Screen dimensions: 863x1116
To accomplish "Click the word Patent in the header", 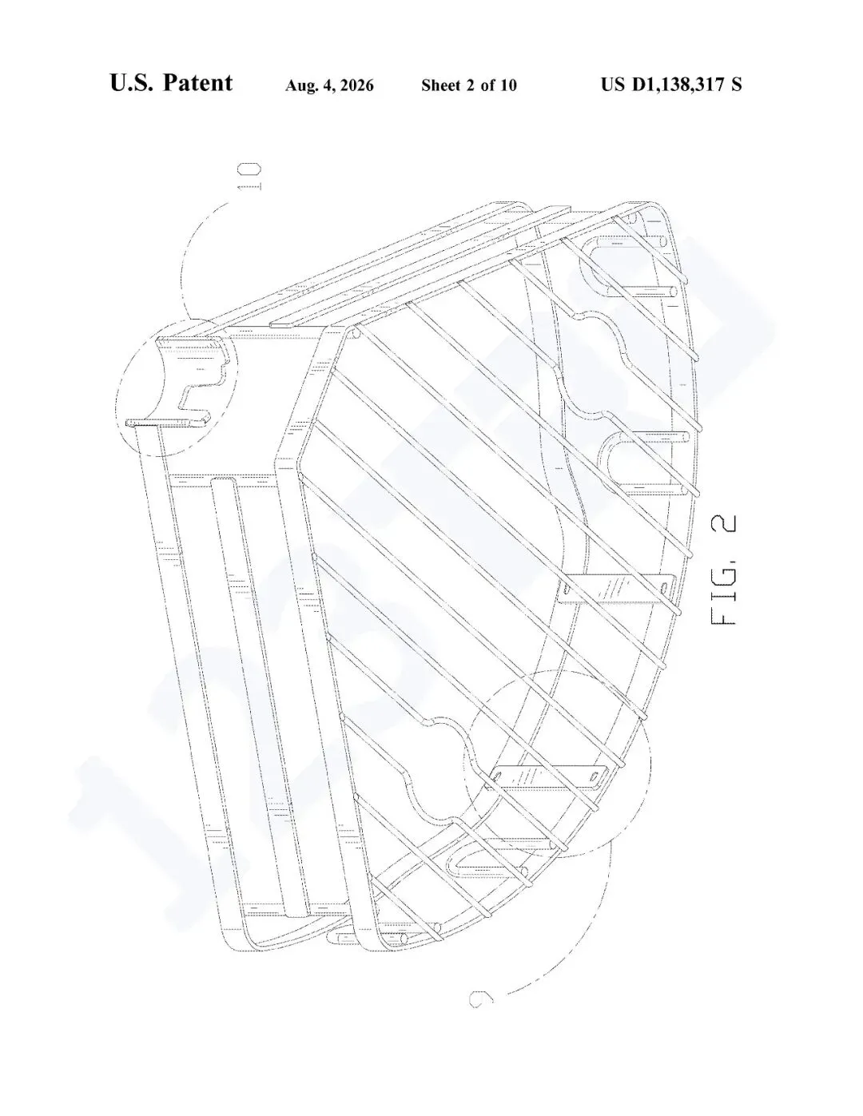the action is click(198, 83).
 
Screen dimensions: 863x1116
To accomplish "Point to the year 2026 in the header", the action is click(356, 85).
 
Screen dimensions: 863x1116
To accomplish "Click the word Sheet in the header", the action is click(440, 85).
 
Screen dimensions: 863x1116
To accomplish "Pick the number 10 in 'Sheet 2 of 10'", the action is click(507, 85).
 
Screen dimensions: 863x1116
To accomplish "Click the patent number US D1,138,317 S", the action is click(671, 85).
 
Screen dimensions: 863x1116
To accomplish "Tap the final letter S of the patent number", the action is click(737, 85).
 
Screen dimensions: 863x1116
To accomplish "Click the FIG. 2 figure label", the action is click(724, 570).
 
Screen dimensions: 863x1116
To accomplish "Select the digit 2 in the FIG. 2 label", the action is click(724, 524).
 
